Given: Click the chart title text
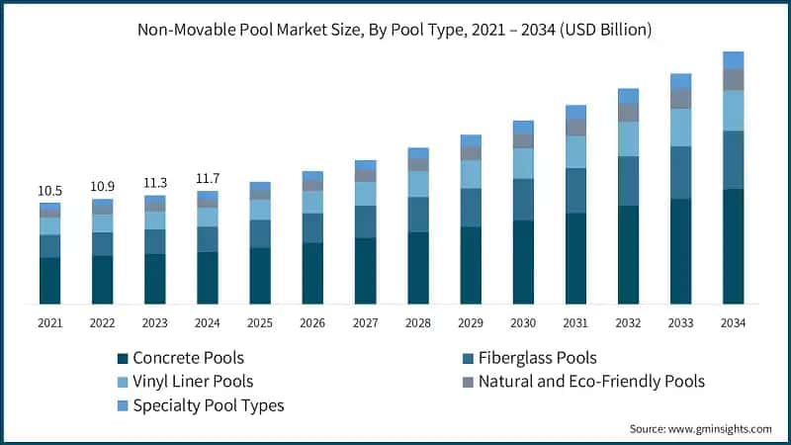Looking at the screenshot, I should click(395, 30).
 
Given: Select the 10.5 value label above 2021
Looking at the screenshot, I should click(50, 190).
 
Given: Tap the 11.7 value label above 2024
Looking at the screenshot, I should click(208, 178).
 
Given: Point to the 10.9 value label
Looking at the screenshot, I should click(103, 186).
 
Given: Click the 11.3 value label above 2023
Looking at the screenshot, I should click(155, 182).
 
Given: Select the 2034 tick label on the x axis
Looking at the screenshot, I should click(733, 323).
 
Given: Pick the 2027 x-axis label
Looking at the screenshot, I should click(365, 323).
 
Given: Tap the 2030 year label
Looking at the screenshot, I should click(523, 323).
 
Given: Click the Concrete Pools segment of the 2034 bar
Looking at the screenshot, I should click(733, 246).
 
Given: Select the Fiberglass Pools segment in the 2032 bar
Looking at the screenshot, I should click(628, 181).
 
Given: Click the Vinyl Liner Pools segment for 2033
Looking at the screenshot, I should click(680, 128).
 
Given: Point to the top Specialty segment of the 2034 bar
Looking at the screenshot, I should click(733, 59).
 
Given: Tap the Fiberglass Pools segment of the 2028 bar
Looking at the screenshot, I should click(418, 215).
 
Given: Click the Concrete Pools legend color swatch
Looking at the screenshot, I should click(123, 358).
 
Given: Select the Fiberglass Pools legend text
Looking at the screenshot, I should click(537, 358).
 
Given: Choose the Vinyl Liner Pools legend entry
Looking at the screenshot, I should click(187, 381).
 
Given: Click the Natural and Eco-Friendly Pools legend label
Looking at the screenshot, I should click(591, 381).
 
